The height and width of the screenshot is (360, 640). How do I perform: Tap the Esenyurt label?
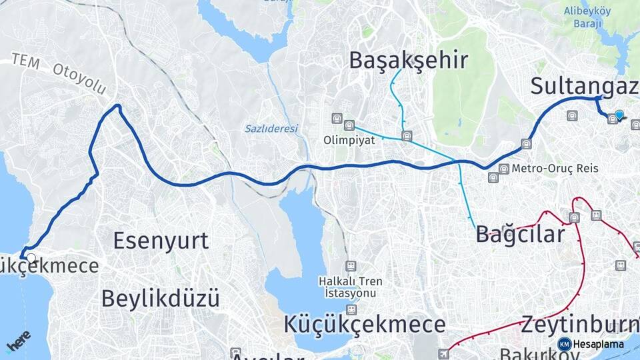point(161,241)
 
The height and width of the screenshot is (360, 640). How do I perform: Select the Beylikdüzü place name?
point(160,298)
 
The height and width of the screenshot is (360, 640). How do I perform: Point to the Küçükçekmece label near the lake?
point(365,325)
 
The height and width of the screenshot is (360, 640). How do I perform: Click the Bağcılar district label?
point(520,234)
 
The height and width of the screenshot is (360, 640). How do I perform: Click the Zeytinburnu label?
point(579,325)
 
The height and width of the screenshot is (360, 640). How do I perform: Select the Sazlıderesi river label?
point(271,129)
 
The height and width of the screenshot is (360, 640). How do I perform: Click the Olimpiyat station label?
point(349,141)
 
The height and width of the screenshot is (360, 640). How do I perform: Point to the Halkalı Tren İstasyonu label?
point(351,287)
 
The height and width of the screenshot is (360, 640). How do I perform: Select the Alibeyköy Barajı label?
point(583,17)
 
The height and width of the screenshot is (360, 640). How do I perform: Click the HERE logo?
point(18,341)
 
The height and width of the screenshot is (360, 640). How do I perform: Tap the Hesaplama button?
point(592,344)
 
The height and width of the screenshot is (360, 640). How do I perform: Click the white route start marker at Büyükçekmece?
point(31,257)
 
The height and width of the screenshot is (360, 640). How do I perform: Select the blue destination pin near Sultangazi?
point(620,115)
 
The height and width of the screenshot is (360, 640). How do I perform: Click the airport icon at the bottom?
point(443,353)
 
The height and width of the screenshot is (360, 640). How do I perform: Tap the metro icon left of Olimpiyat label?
point(337,118)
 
